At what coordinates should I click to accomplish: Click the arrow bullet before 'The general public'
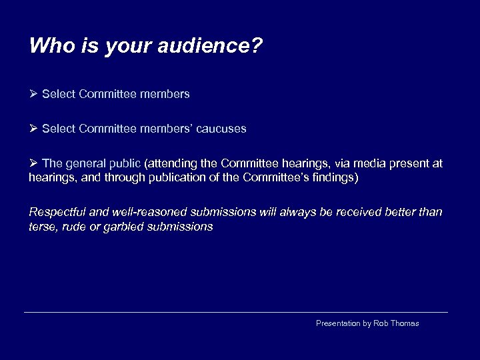click(x=34, y=163)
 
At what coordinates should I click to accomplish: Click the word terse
click(x=42, y=227)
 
